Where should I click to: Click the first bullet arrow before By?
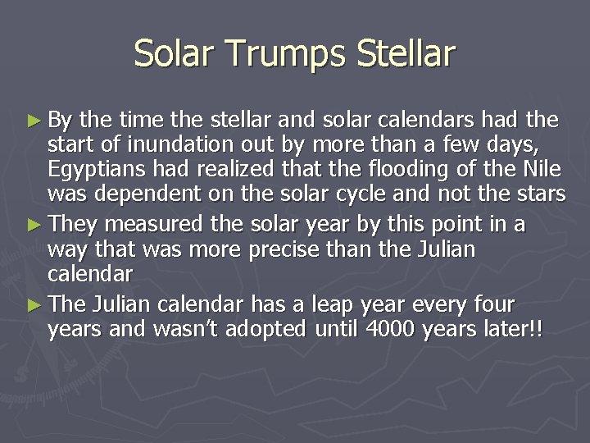click(x=33, y=121)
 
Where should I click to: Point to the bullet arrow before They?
click(x=33, y=225)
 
